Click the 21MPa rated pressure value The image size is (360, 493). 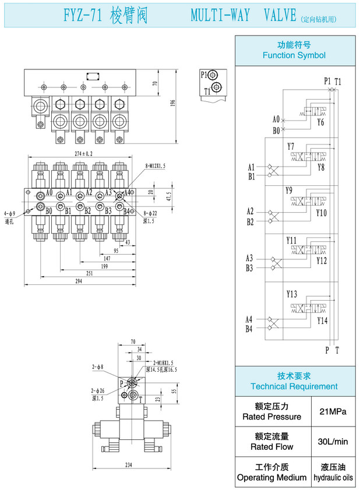[x=333, y=411]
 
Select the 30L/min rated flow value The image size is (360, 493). [x=333, y=442]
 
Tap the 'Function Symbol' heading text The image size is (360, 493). [x=294, y=55]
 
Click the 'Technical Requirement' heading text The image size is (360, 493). [x=294, y=386]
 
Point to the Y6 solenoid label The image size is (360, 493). [x=321, y=123]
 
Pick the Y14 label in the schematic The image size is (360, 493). [x=322, y=321]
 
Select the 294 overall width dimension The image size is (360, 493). [x=79, y=281]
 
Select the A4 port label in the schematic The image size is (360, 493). [x=249, y=319]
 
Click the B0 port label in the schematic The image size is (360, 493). [x=276, y=131]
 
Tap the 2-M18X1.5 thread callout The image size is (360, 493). [x=160, y=362]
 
